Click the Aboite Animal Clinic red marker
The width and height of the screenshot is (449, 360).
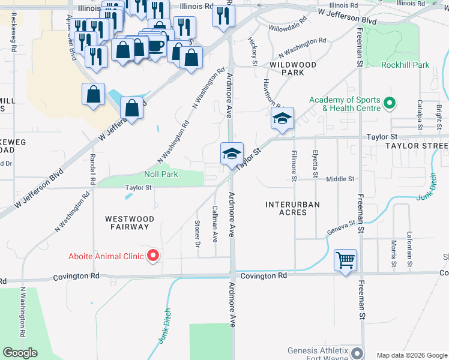click(x=153, y=256)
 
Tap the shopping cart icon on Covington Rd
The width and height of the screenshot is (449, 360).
click(x=345, y=260)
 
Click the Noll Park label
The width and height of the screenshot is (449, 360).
click(x=161, y=175)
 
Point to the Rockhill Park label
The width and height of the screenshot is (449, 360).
click(x=405, y=65)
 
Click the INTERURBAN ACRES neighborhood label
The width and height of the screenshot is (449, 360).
click(x=293, y=208)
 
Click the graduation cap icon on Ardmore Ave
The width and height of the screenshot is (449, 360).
click(x=232, y=154)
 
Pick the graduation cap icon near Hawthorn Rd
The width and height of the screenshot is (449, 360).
click(x=282, y=118)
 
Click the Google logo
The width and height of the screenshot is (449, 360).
click(x=20, y=353)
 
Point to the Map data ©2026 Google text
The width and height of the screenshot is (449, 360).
click(x=412, y=355)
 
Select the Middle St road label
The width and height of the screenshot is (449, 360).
click(x=340, y=179)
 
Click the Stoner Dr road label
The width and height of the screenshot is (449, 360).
click(x=197, y=234)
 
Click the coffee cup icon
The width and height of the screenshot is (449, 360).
click(x=155, y=46)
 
